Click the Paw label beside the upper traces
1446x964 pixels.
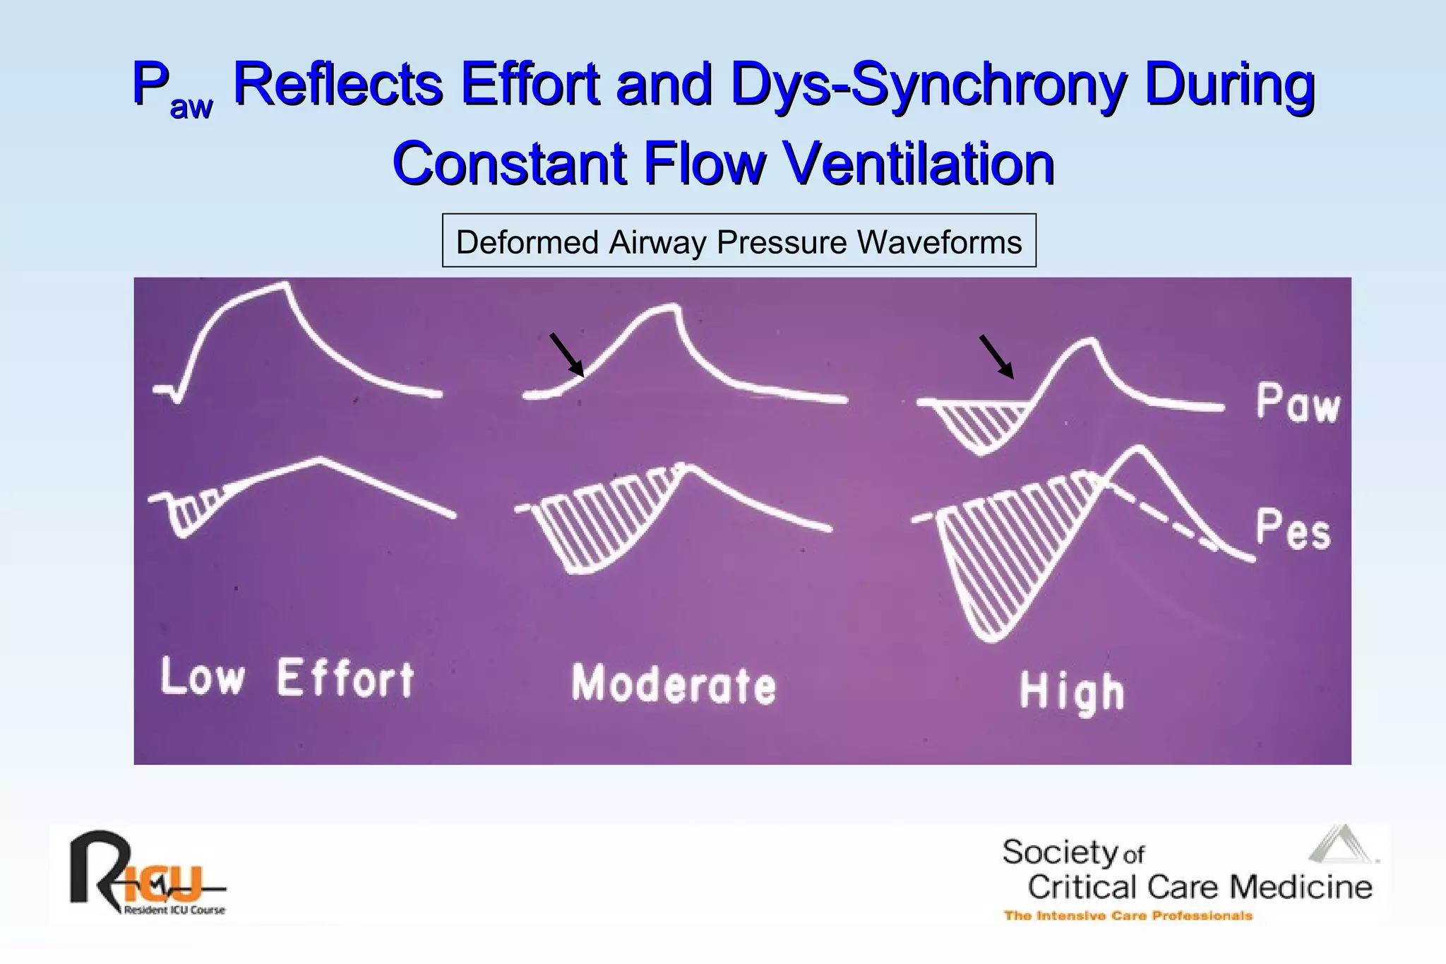(1298, 404)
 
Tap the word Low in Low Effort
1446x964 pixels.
(203, 677)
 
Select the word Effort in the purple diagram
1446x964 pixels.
(345, 679)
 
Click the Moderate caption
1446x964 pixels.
(673, 684)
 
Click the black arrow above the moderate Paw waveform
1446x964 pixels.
(567, 355)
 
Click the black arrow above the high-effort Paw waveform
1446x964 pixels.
(996, 357)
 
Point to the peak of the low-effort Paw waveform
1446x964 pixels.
(284, 285)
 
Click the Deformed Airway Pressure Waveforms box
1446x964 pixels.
(739, 241)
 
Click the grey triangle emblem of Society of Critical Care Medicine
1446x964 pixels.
(1342, 844)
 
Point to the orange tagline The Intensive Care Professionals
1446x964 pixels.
(1128, 916)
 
